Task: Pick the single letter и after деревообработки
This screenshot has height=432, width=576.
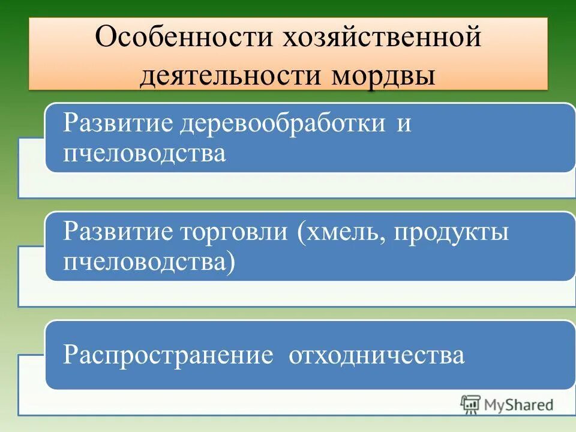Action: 403,124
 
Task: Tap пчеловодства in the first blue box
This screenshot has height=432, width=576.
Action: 145,153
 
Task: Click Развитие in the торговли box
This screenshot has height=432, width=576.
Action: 117,232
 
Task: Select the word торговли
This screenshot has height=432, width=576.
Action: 232,232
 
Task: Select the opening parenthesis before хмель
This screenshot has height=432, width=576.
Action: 299,233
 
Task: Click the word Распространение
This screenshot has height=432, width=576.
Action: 169,355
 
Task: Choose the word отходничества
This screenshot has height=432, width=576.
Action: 377,355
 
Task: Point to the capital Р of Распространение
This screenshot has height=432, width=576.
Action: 70,355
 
